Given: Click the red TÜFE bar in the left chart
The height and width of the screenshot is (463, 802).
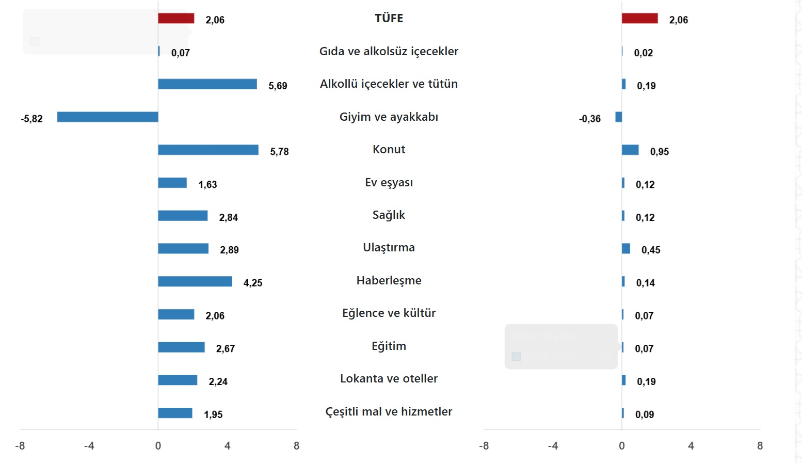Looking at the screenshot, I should [176, 19].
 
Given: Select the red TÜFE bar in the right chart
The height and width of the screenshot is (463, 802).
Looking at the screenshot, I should [639, 19].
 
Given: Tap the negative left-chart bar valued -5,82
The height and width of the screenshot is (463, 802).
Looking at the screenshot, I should [107, 117].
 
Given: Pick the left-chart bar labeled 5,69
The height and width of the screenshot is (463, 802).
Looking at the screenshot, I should [207, 84].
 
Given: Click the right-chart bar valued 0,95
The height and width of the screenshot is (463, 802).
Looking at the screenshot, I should [630, 150].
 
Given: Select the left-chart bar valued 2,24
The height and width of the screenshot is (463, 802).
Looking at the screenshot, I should [178, 380].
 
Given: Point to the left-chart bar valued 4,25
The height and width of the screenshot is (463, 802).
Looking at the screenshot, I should [195, 281].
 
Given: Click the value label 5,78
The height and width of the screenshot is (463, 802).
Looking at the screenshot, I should [279, 152].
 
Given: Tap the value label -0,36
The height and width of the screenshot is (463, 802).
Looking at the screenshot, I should [589, 119].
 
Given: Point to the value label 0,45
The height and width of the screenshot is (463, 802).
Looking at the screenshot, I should [650, 250].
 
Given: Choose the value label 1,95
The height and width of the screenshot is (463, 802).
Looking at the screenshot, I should [213, 414].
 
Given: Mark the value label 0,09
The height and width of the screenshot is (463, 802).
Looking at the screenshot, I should [644, 414].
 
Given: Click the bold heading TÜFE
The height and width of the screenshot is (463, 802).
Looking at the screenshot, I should [389, 19].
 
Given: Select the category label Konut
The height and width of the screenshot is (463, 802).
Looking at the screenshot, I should [389, 150].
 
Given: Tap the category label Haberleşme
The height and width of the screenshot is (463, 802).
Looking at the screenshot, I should [389, 281].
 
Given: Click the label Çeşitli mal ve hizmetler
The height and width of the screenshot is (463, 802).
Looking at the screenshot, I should [389, 412].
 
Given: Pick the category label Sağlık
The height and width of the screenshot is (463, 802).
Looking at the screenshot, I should [389, 215].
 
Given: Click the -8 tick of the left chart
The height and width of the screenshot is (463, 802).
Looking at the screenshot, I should [20, 446].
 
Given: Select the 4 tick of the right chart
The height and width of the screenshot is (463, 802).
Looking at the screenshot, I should [691, 446].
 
